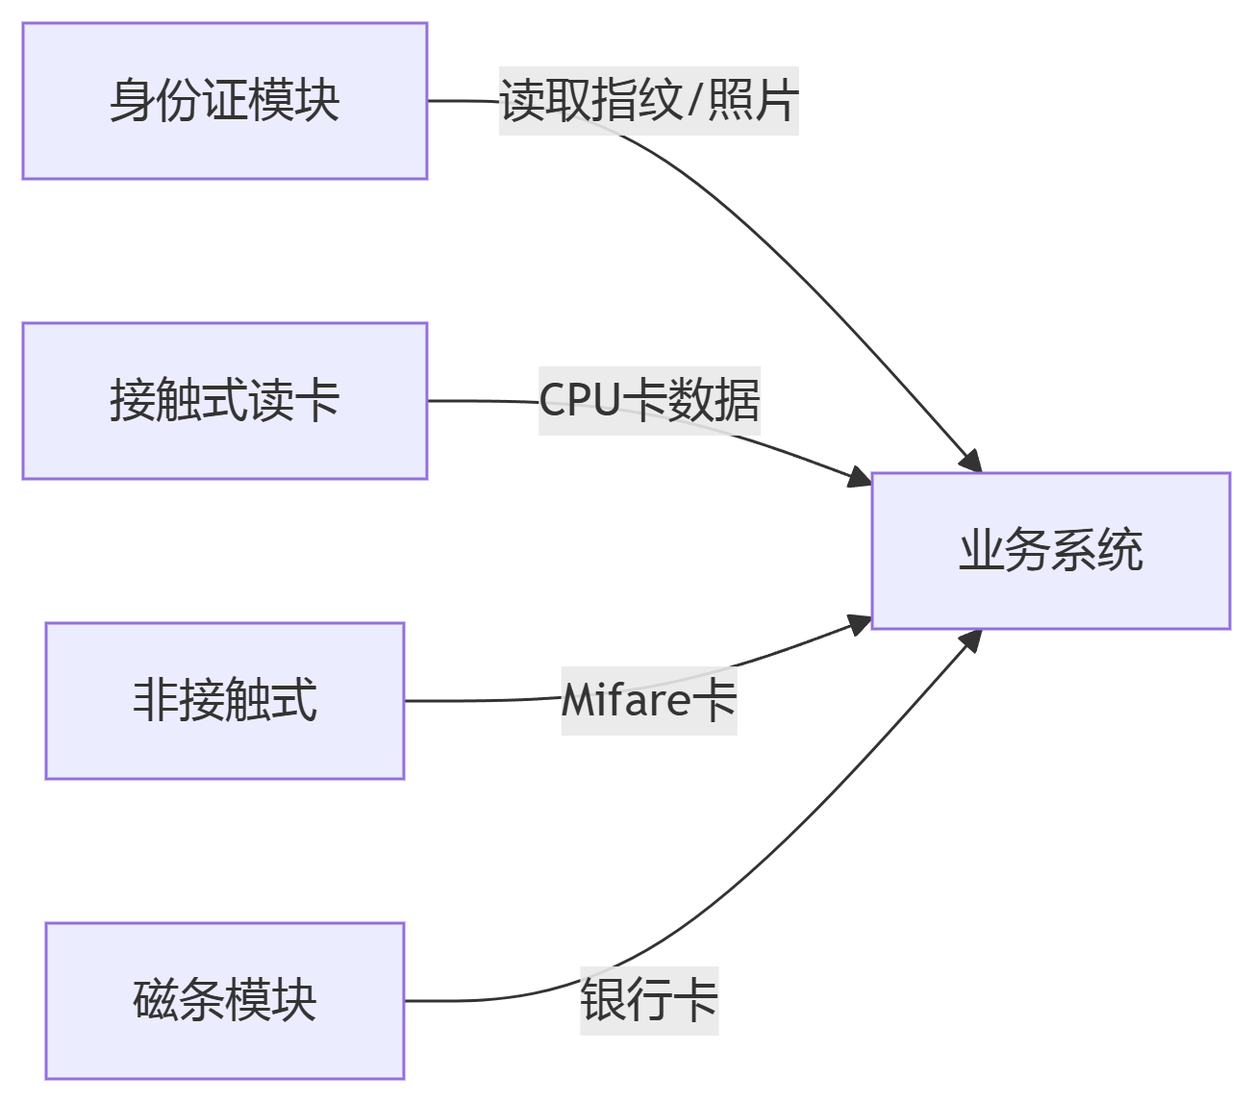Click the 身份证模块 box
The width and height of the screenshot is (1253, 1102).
[x=224, y=101]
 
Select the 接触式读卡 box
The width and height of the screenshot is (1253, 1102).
[x=224, y=401]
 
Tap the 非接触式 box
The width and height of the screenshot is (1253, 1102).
[x=224, y=701]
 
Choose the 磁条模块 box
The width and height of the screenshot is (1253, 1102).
[x=224, y=1001]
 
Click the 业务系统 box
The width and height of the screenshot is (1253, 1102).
[x=1050, y=551]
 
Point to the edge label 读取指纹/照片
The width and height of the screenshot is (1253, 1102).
[x=648, y=101]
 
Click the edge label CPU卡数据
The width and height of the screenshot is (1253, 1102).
[x=649, y=401]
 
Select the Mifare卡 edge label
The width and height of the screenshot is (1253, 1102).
[x=649, y=701]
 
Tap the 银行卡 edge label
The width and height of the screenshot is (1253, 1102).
[x=649, y=1001]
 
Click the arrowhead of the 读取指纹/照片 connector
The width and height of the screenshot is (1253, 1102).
[x=971, y=462]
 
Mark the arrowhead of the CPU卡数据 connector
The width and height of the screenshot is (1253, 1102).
[x=859, y=476]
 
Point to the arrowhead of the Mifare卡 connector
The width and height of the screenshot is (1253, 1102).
[x=859, y=626]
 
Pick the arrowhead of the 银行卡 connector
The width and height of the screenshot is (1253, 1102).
[x=971, y=640]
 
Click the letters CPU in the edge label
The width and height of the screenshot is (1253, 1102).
[x=580, y=401]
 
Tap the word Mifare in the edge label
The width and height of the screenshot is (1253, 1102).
[x=625, y=701]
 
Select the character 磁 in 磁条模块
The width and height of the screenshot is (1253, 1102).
[x=155, y=1001]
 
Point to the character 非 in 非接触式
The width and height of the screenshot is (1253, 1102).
[x=155, y=701]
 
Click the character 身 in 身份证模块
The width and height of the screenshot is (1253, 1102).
[x=132, y=101]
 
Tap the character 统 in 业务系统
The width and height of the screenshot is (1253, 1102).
[x=1120, y=551]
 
